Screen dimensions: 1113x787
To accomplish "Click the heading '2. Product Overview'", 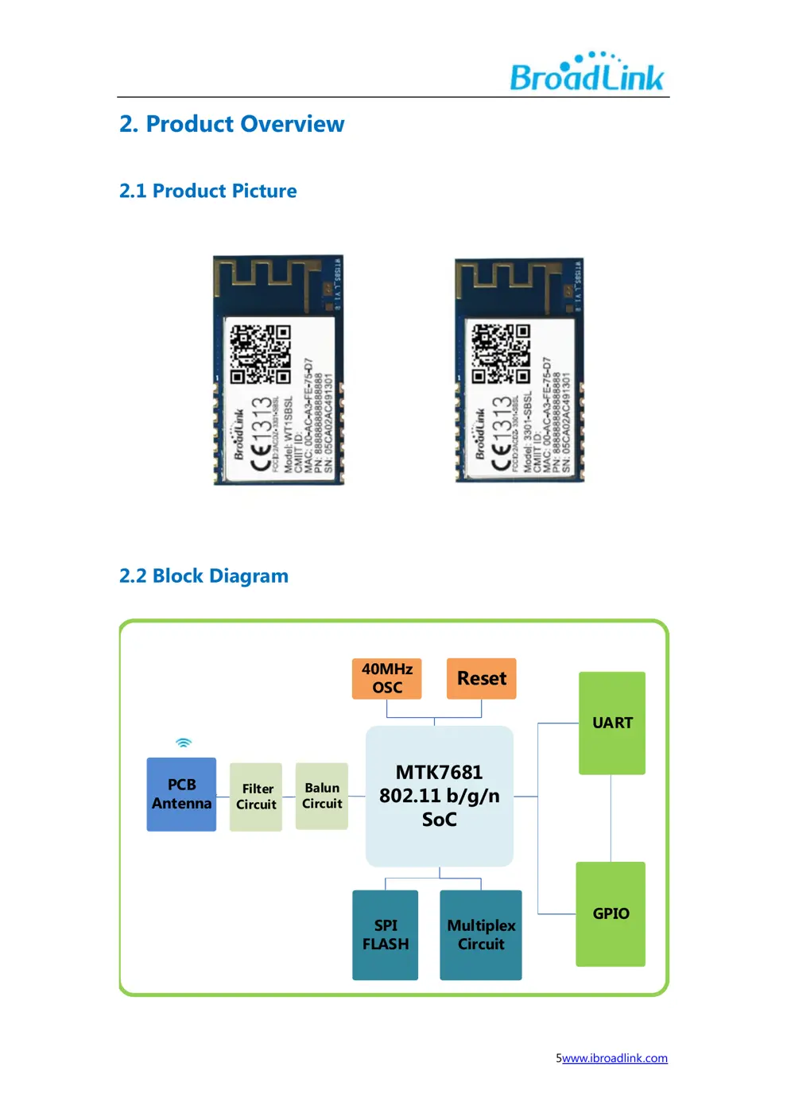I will (x=231, y=124).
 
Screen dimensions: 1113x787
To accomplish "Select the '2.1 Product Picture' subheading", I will (x=207, y=191).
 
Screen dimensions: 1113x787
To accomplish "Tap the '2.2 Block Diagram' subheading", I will (x=204, y=576).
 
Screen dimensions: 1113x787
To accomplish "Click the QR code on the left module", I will (x=261, y=354).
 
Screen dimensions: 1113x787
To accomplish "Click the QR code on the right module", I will (x=501, y=354).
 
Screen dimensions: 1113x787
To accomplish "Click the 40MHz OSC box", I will (x=386, y=678).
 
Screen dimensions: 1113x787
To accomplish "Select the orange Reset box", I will (x=481, y=678).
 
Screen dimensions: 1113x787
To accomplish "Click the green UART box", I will (x=611, y=723).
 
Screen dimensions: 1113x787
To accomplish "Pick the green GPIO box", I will (x=611, y=913).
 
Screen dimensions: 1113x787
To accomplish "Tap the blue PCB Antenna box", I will (x=181, y=794).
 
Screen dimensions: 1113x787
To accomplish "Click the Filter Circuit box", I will (x=256, y=797).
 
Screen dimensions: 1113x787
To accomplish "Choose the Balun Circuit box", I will (x=321, y=796).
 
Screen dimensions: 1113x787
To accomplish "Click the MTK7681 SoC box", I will (x=439, y=796).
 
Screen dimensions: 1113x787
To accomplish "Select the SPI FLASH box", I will (x=385, y=935).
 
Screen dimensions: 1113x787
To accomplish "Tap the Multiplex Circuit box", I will (x=480, y=935).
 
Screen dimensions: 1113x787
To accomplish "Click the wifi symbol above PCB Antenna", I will (x=184, y=743).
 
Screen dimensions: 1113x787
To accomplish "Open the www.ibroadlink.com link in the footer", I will (x=614, y=1058).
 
